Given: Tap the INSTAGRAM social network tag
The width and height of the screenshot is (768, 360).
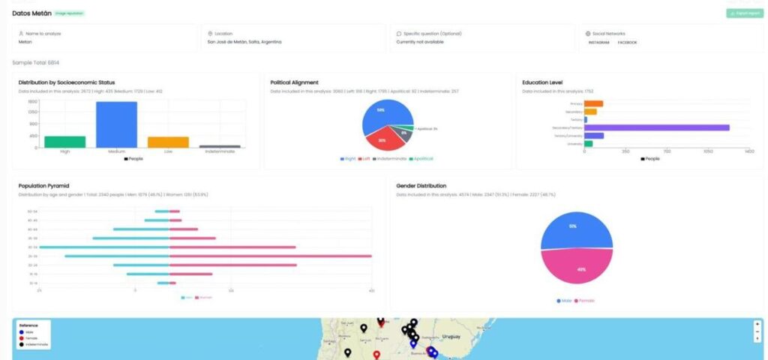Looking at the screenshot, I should click(x=598, y=43).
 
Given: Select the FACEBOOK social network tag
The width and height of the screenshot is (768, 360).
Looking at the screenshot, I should click(x=627, y=43).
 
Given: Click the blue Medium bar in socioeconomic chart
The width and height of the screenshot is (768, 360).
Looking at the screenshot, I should click(x=116, y=124).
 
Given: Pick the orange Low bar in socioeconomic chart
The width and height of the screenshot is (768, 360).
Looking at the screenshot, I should click(x=168, y=142).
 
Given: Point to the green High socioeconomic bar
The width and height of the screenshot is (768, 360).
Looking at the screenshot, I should click(x=64, y=142).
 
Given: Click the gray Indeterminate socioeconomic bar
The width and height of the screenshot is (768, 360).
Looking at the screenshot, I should click(x=220, y=146).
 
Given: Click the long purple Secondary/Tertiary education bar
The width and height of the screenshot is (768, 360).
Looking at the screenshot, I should click(x=656, y=127).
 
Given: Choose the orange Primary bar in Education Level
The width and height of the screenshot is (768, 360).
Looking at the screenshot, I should click(x=593, y=103).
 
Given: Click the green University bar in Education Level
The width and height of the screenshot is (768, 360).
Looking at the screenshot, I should click(x=588, y=143).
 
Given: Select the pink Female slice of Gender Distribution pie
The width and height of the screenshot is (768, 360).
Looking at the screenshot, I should click(x=575, y=268).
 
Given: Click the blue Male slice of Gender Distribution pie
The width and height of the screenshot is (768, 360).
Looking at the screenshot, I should click(x=575, y=226).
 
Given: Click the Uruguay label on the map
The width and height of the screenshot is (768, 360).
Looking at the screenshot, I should click(x=451, y=337).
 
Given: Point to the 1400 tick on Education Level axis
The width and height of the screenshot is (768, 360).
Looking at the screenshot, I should click(x=748, y=151).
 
